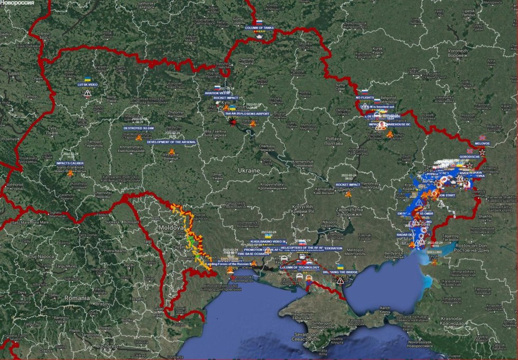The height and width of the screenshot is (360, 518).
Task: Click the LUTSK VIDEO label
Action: [88, 85]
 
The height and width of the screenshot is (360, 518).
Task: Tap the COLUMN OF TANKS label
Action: [259, 27]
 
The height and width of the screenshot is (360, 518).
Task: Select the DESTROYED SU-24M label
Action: [138, 128]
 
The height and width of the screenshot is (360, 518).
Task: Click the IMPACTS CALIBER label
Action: [70, 163]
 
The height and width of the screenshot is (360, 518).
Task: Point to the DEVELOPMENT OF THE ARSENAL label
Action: [171, 142]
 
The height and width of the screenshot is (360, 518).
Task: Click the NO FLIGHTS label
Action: [365, 98]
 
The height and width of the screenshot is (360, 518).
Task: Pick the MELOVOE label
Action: [482, 143]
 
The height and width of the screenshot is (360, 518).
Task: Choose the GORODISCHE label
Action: [469, 156]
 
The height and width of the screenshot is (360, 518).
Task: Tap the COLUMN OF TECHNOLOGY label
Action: [297, 267]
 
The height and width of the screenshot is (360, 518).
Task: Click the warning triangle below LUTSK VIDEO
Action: [87, 93]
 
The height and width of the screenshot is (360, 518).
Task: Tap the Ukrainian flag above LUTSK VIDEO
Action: [87, 79]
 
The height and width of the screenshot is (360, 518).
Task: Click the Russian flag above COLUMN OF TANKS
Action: [259, 22]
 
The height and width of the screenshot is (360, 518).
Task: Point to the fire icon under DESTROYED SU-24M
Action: [138, 137]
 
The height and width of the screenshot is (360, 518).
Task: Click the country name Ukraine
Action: [248, 171]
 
